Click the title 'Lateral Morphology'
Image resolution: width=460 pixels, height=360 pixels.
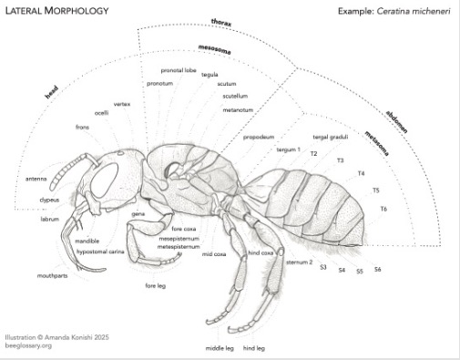(57, 11)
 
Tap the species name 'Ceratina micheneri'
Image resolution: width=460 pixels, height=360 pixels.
(414, 11)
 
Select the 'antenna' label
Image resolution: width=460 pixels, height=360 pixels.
(36, 179)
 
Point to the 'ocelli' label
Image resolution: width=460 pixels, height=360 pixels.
(101, 113)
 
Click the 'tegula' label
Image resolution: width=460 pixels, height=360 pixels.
(210, 75)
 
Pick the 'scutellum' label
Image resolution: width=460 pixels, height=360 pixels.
(235, 96)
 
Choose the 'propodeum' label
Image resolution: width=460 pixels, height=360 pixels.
(259, 137)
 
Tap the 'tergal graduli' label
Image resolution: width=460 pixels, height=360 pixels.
(331, 137)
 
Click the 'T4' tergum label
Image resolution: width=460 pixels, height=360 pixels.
(361, 173)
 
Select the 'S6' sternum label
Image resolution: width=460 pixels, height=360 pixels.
(377, 269)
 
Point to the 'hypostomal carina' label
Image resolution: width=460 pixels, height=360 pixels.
(100, 252)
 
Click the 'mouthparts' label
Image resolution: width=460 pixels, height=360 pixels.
(52, 276)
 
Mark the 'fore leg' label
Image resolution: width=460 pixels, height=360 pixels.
(155, 285)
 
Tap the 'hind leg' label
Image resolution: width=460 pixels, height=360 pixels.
(254, 348)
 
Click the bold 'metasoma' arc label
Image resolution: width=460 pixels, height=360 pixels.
(376, 143)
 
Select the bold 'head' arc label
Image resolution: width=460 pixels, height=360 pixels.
(51, 92)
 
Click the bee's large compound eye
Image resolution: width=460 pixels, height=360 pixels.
(105, 180)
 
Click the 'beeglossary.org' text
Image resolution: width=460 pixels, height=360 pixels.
(28, 345)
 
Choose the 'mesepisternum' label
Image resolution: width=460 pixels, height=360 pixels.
(179, 239)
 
